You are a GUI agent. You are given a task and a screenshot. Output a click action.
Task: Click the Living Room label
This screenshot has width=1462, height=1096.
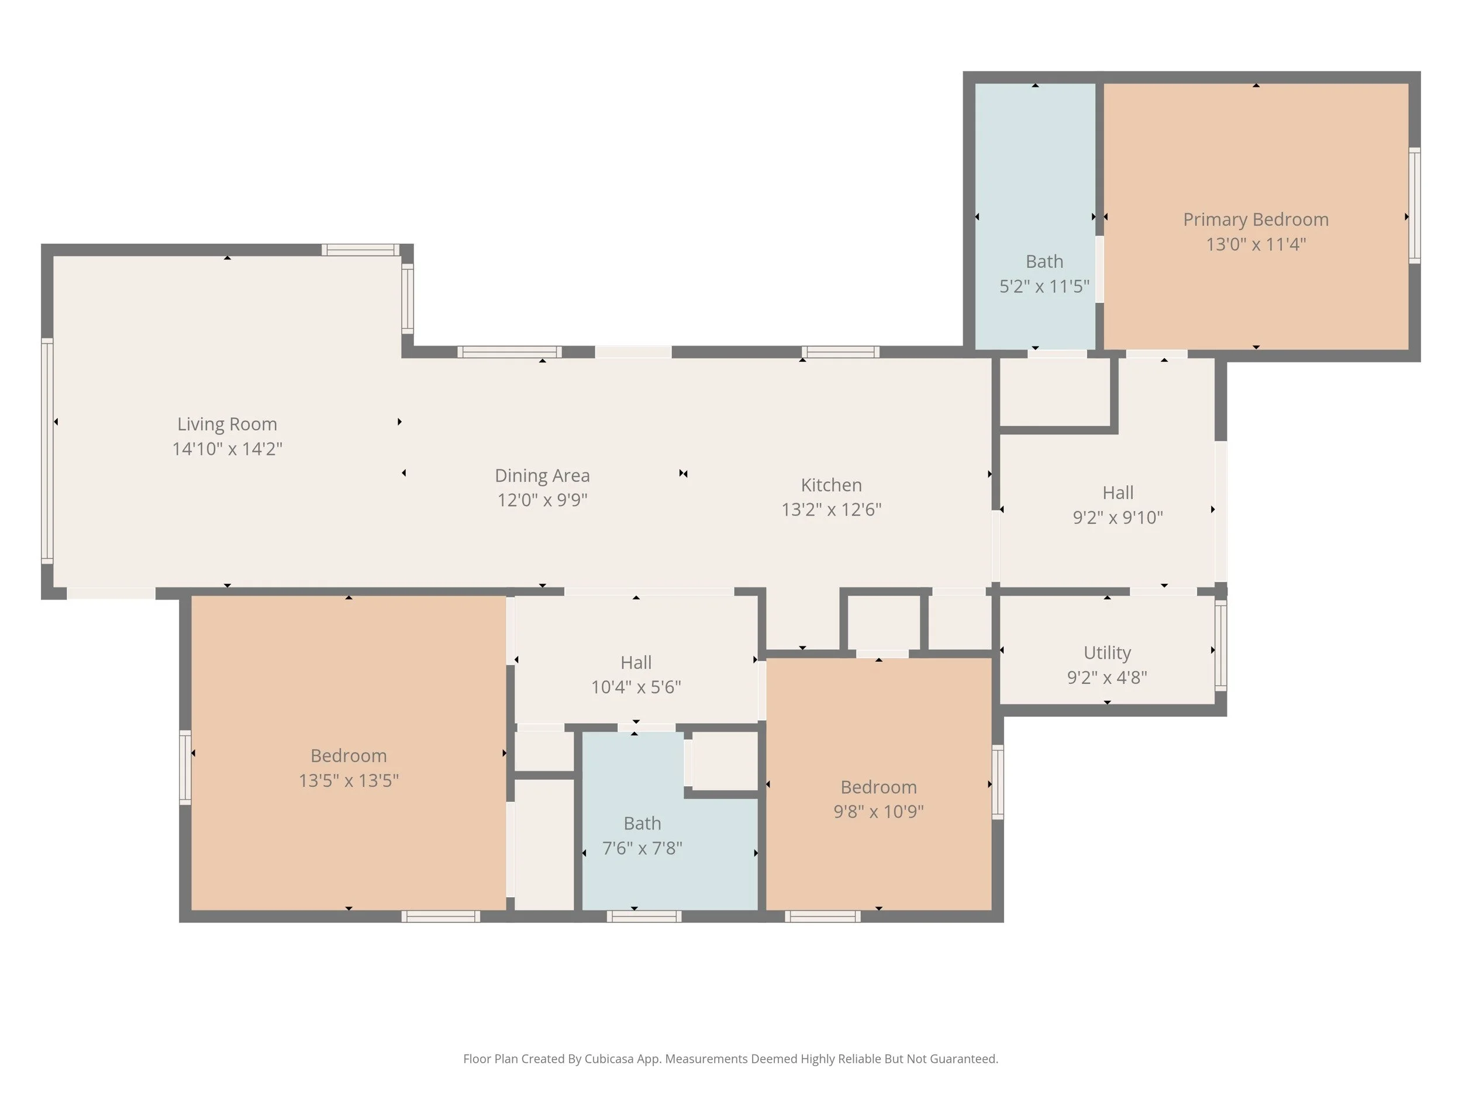(x=227, y=424)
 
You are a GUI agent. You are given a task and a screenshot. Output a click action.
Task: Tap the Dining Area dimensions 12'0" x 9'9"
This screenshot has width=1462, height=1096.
(x=542, y=500)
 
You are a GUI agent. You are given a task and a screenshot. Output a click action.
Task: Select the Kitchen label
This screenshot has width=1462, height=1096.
(x=832, y=485)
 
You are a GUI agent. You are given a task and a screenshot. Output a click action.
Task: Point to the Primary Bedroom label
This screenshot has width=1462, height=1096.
(x=1256, y=220)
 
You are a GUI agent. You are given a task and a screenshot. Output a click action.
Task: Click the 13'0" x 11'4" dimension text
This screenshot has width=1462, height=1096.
(x=1256, y=244)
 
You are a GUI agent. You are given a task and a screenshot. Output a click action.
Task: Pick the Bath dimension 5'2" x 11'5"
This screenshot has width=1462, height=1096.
(x=1044, y=286)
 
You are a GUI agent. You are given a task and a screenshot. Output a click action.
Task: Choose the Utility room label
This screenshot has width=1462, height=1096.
(x=1107, y=653)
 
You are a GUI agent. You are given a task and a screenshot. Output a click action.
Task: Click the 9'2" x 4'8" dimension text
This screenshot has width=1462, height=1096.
(x=1107, y=677)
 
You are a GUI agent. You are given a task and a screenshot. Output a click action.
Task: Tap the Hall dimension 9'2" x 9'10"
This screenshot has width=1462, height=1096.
(x=1118, y=517)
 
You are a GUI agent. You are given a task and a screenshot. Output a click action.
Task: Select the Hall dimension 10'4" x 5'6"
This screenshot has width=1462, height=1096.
(x=636, y=687)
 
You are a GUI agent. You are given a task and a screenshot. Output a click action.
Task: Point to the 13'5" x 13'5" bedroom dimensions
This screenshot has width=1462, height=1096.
(x=349, y=781)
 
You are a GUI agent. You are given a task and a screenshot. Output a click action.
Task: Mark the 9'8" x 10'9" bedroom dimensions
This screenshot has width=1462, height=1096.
(x=878, y=811)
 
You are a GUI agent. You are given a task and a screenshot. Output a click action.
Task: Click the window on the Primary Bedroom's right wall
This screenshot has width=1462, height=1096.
(x=1415, y=205)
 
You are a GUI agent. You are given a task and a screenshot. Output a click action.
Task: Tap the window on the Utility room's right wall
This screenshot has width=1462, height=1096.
(x=1220, y=645)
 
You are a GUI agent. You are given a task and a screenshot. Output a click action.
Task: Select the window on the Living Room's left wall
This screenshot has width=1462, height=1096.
(x=47, y=451)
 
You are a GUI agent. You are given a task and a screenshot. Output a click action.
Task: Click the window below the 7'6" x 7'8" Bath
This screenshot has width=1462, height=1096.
(x=644, y=917)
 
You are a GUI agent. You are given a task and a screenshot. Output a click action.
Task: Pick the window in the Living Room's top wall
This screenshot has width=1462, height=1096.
(x=361, y=250)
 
